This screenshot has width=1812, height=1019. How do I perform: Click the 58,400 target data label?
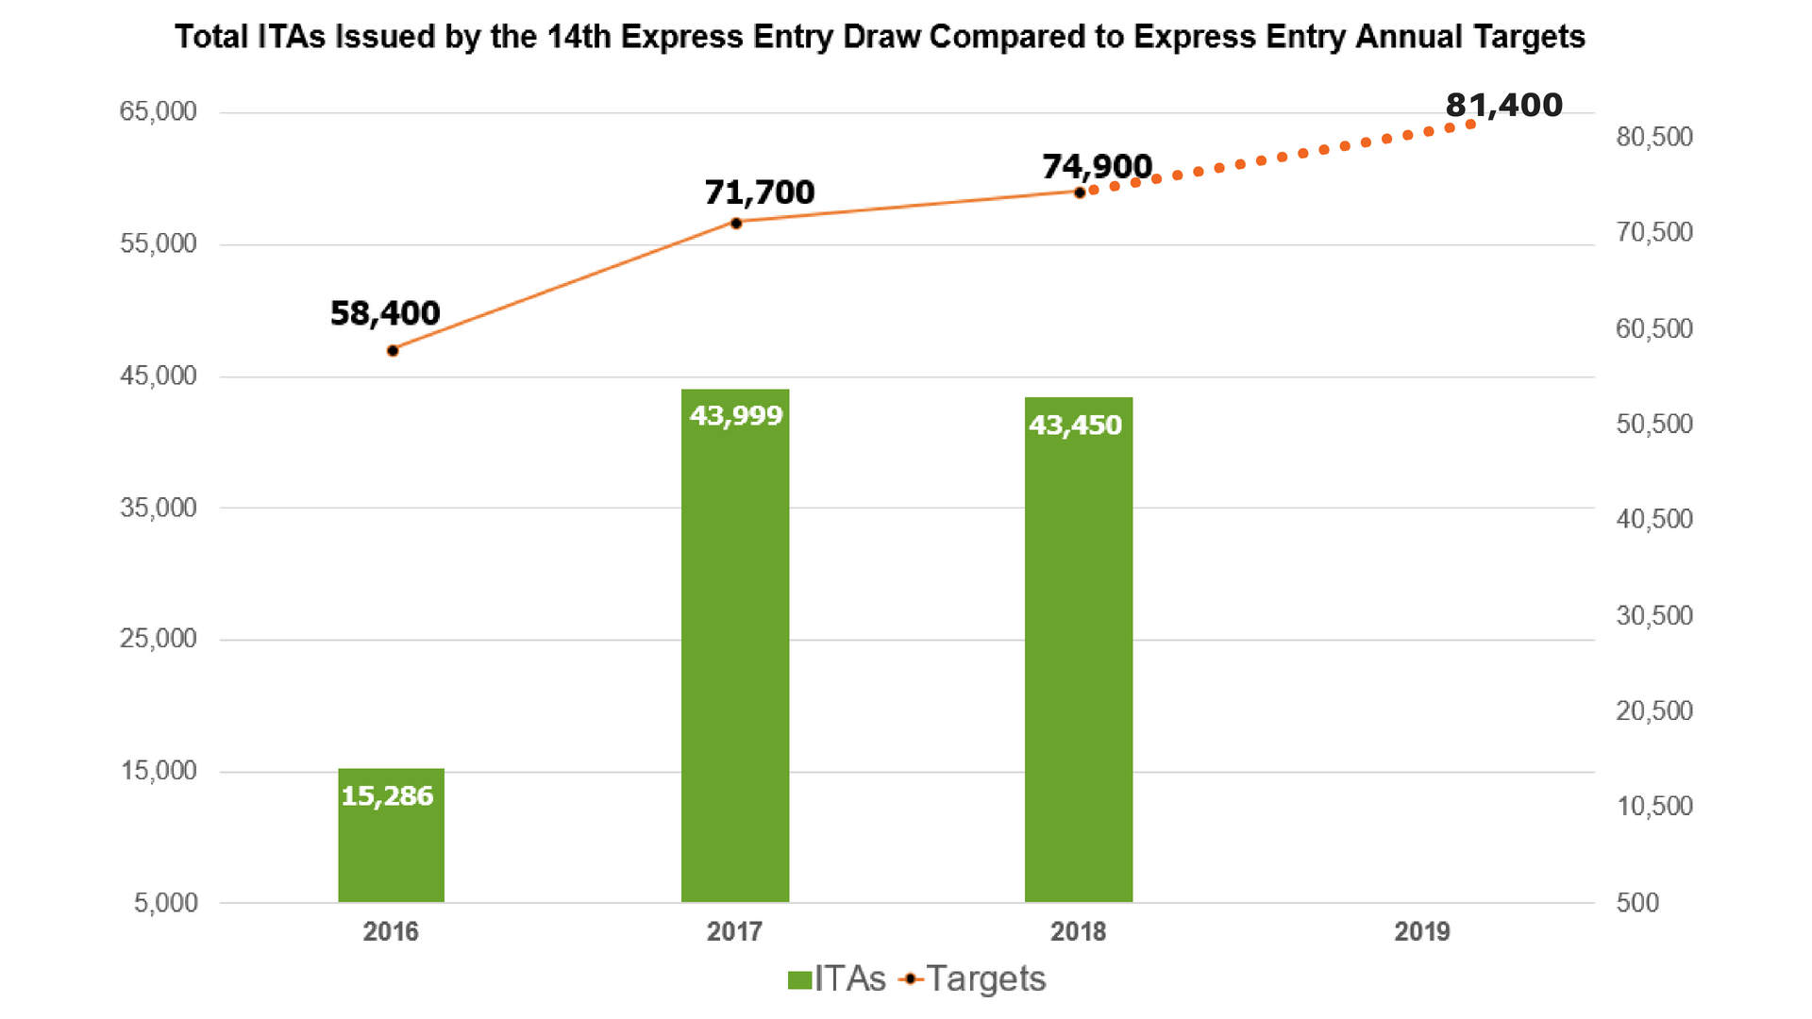385,313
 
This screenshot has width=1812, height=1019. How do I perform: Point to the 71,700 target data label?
760,192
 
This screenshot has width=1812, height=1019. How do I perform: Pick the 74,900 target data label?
1097,167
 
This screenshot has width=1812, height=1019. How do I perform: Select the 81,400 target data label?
1504,105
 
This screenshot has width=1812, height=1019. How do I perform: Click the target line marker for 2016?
393,351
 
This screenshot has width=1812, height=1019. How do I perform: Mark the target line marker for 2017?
736,223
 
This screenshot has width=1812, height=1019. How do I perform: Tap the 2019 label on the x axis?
1422,932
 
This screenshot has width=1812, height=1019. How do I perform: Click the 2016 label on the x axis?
391,932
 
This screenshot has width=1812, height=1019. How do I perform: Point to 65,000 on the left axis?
158,111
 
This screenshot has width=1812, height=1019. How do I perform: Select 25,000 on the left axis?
158,639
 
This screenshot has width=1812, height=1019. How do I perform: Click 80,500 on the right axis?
1654,137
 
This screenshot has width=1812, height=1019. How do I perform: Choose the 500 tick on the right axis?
1637,903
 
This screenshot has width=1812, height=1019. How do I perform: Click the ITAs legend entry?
837,979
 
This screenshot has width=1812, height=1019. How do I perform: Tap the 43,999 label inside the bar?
736,416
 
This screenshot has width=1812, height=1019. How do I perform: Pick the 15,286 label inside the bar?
387,796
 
